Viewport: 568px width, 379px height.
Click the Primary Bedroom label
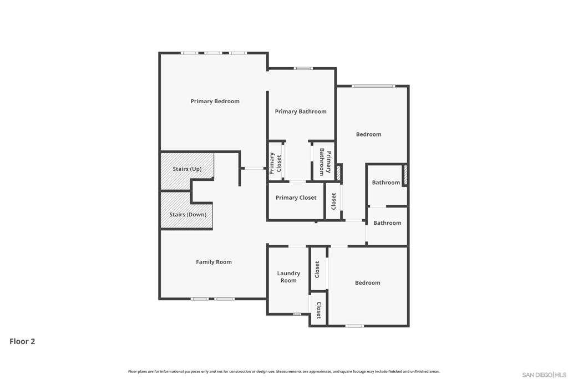tap(215, 102)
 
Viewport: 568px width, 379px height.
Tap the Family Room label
tap(214, 262)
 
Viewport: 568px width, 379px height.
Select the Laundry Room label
tap(288, 277)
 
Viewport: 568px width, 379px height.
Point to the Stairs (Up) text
tap(187, 169)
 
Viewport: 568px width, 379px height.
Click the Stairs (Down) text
tap(187, 215)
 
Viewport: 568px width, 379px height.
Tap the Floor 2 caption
tap(22, 341)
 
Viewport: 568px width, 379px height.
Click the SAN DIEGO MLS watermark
tap(544, 375)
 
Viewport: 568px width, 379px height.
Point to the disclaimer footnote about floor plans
tap(283, 371)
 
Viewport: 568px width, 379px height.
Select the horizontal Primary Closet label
tap(296, 198)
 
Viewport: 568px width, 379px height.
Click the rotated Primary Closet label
tap(275, 163)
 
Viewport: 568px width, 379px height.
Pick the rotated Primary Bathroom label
tap(325, 162)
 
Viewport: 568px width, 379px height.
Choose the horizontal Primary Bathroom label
tap(301, 112)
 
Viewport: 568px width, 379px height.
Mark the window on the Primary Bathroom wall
tap(303, 68)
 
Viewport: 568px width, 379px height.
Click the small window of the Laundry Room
tap(297, 314)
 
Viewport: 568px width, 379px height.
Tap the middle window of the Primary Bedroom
tap(213, 53)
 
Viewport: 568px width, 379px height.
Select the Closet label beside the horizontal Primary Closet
tap(333, 201)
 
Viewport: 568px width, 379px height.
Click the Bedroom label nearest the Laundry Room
tap(368, 282)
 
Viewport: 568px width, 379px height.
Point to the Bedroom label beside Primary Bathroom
tap(368, 134)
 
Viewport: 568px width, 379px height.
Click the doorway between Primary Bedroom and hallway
tap(254, 168)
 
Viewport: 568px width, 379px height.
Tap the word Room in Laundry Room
tap(288, 280)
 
